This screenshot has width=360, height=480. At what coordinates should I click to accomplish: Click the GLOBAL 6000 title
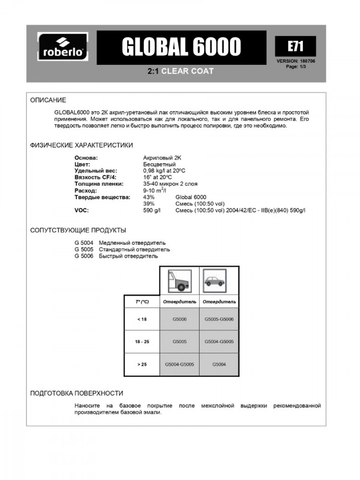point(181,47)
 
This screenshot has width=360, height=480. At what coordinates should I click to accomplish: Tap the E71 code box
point(295,46)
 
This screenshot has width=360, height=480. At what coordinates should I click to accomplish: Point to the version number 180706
point(306,61)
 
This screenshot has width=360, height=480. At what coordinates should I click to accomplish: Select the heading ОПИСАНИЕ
point(48,100)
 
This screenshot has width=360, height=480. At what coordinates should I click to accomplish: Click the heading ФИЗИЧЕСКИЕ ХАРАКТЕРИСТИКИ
point(82,145)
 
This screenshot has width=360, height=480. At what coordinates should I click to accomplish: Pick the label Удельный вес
point(96,170)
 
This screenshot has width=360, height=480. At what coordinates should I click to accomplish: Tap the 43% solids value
point(149,197)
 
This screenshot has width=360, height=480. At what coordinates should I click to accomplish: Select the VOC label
point(81,210)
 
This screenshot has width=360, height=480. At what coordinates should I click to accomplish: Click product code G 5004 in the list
point(84,243)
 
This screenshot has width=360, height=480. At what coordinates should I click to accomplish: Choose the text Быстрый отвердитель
point(128,256)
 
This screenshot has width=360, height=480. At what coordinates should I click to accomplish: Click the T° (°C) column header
point(142,302)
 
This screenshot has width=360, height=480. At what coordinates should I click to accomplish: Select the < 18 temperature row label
point(142,319)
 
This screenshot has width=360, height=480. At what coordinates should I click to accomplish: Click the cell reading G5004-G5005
point(179,364)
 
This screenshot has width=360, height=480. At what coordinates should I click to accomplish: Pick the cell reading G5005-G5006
point(219,319)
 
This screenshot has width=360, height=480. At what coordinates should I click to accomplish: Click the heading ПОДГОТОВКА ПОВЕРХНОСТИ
point(77,393)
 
